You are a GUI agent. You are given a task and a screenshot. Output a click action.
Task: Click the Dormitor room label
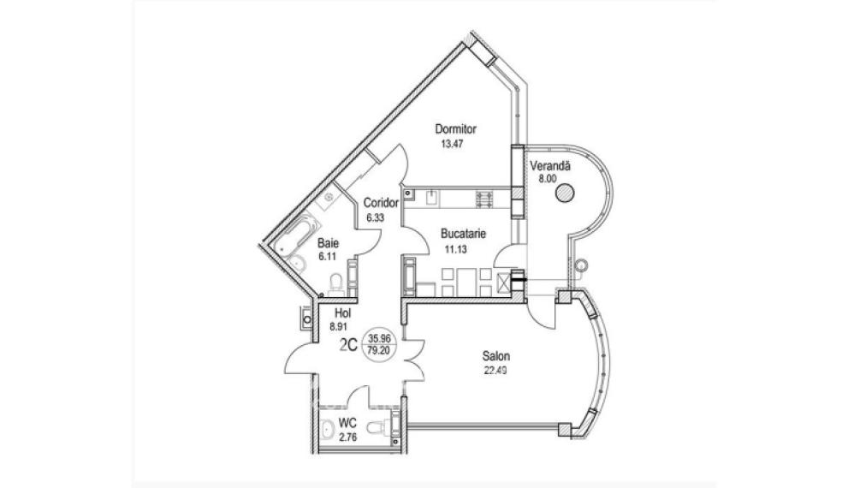[456, 129]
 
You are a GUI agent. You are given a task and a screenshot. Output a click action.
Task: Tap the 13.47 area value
[453, 145]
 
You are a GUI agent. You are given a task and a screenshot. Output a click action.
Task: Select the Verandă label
[550, 165]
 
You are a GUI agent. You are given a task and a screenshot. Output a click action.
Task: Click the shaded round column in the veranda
[565, 193]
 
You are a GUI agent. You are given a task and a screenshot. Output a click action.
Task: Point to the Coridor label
[381, 203]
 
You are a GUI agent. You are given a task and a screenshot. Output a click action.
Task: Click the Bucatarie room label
[463, 235]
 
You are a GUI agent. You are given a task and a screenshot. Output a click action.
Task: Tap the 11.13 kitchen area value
[455, 249]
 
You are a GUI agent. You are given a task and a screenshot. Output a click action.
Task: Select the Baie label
[328, 242]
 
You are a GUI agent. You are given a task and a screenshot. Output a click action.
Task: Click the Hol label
[343, 312]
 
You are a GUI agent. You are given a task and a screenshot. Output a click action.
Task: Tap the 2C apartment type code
[348, 345]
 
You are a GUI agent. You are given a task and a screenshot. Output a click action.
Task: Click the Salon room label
[496, 356]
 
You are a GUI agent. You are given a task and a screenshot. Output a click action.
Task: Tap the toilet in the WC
[376, 428]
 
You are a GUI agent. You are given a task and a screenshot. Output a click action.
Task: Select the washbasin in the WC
[327, 430]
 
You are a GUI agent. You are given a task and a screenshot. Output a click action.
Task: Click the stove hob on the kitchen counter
[485, 199]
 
